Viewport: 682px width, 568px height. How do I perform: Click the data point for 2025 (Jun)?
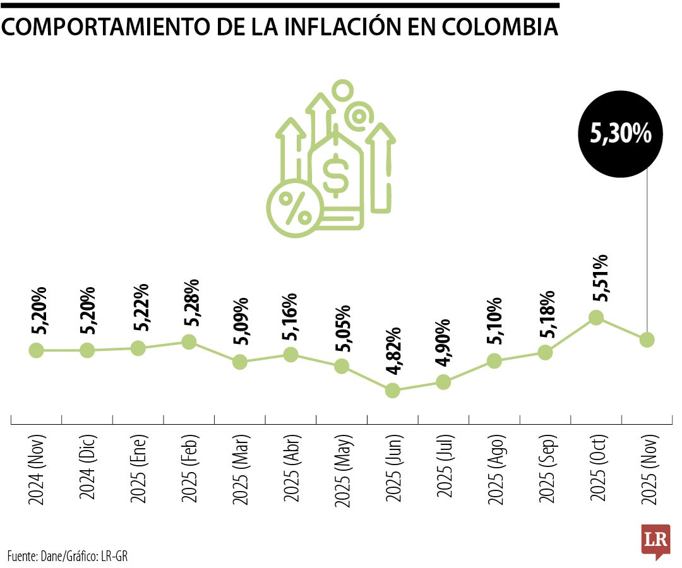(392, 391)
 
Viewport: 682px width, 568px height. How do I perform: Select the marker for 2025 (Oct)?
(596, 317)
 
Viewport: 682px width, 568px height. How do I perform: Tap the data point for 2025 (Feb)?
(189, 341)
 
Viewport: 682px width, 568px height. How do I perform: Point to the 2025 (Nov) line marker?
(647, 340)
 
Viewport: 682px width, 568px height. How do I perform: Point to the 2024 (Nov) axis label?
(37, 468)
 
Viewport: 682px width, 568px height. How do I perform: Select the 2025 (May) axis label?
(342, 468)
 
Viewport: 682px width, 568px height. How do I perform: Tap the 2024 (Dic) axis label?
(88, 468)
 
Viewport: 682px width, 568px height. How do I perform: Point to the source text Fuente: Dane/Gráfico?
(69, 556)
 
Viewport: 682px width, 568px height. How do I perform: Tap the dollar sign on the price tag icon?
(334, 175)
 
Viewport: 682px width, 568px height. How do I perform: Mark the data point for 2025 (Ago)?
(494, 361)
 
